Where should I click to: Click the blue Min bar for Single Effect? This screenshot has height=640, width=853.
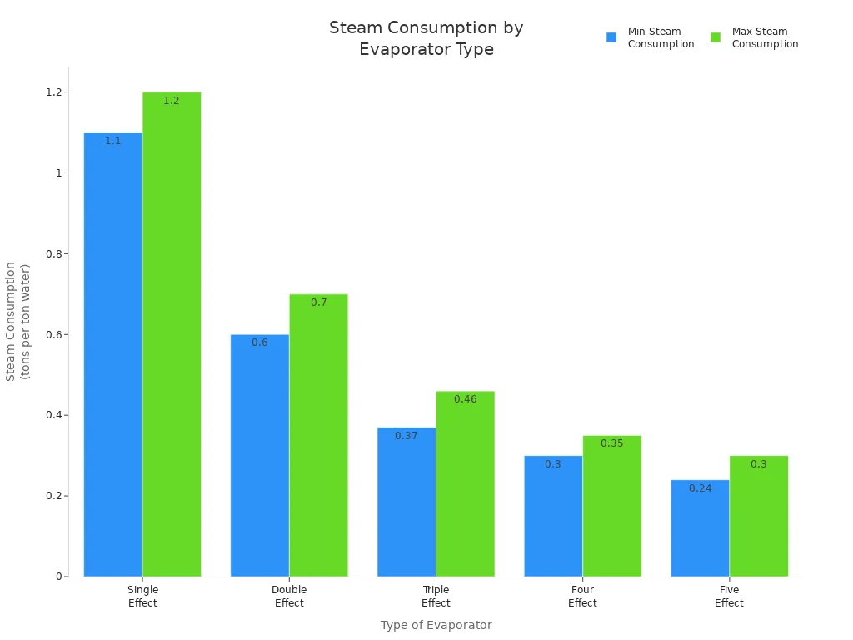113,354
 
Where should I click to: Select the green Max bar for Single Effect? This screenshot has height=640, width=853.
172,333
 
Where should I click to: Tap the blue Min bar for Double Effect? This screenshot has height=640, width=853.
260,455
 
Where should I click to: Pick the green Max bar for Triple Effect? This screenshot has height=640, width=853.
465,483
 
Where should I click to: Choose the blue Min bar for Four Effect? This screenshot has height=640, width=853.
553,516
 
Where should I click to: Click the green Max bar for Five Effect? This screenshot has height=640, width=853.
758,516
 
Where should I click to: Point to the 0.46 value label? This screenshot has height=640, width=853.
465,399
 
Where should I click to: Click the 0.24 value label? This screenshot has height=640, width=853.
700,488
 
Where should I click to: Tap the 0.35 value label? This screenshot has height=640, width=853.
611,443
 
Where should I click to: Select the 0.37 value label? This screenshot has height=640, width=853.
407,436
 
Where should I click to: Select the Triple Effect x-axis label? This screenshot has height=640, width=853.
436,596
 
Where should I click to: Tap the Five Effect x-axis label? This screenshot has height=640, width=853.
729,596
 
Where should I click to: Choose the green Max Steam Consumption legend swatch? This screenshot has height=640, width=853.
716,37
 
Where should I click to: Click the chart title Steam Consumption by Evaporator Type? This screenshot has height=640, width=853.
426,38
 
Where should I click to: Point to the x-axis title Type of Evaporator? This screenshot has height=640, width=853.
436,625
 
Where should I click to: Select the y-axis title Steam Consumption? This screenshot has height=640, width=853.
17,321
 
